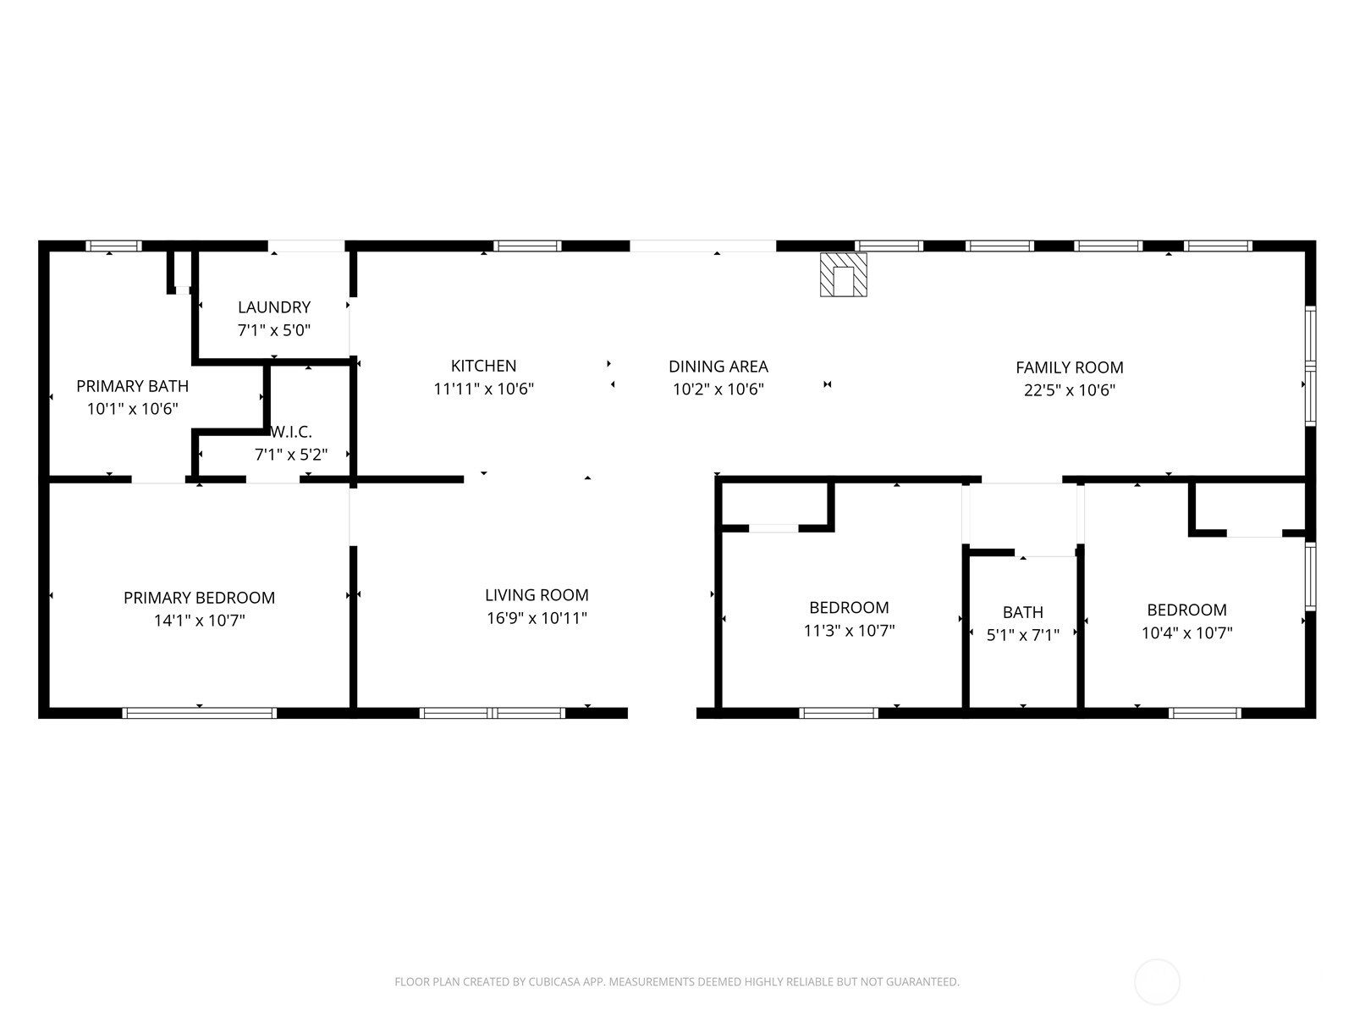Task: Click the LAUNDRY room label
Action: tap(274, 307)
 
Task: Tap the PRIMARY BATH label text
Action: tap(132, 386)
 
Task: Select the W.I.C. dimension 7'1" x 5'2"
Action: tap(291, 455)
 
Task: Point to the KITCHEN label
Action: tap(483, 366)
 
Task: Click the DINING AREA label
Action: tap(718, 367)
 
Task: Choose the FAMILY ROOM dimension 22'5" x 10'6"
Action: tap(1070, 389)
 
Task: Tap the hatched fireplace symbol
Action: tap(843, 274)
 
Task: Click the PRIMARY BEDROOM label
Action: tap(199, 598)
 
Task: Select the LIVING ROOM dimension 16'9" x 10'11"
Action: tap(537, 617)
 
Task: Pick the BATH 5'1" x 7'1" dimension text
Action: tap(1023, 635)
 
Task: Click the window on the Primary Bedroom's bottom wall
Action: tap(199, 713)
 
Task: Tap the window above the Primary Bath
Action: tap(113, 246)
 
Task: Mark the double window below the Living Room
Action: tap(493, 713)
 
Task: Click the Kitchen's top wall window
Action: tap(527, 246)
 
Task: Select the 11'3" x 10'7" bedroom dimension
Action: tap(849, 631)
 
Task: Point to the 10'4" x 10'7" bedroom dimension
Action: tap(1186, 633)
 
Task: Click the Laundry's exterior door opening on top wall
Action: tap(306, 246)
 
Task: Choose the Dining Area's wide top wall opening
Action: tap(702, 246)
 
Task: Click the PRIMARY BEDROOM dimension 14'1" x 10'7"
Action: tap(199, 620)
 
